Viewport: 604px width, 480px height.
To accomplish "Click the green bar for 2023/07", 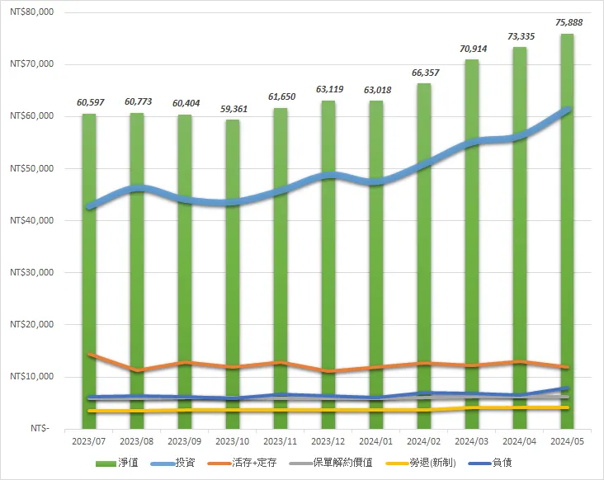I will coord(89,272).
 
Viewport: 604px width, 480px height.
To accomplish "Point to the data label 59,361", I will coord(233,108).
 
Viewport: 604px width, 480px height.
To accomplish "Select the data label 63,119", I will coord(328,89).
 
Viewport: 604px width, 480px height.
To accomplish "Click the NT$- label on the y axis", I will coord(39,429).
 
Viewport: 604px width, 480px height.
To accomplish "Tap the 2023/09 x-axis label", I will coord(185,443).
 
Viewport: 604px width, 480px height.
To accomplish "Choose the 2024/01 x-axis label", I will coord(375,443).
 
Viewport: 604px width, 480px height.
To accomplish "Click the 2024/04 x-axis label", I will coord(519,443).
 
